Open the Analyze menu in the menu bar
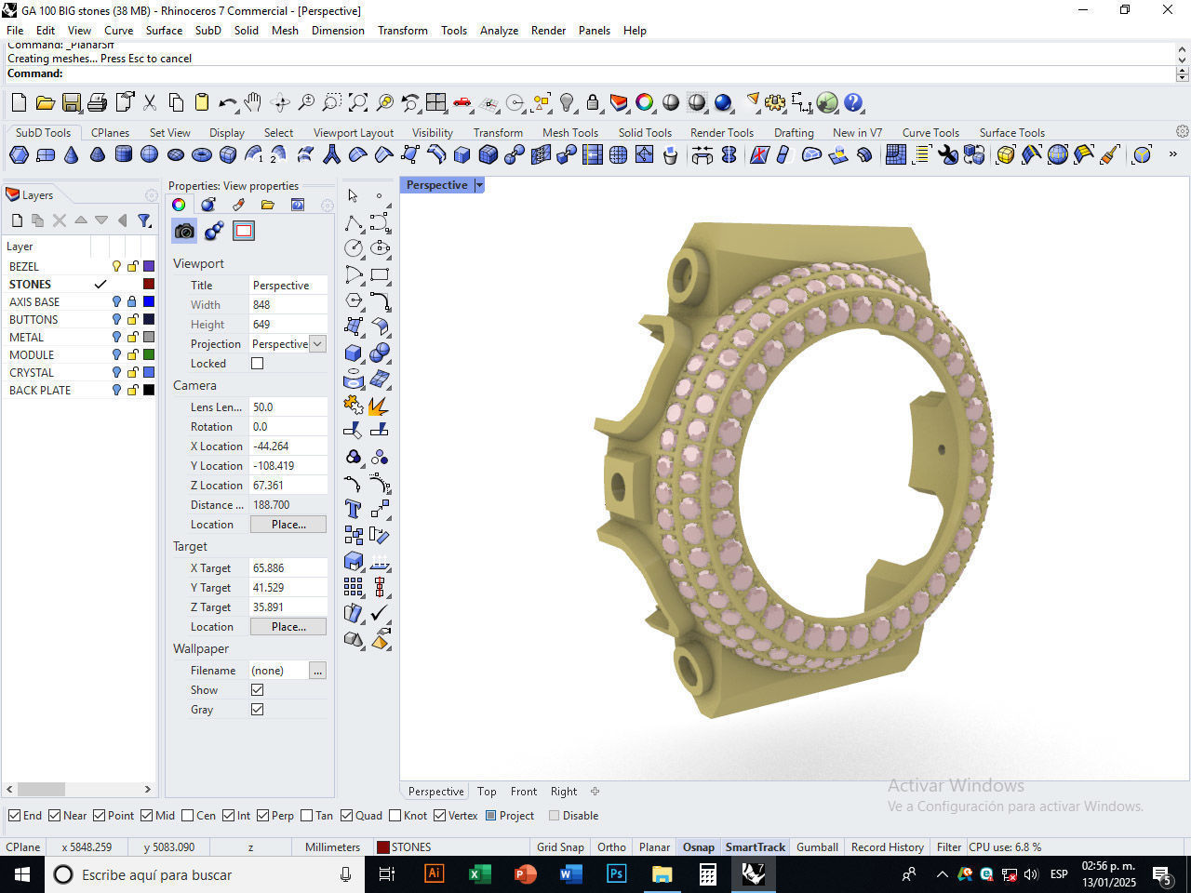tap(499, 31)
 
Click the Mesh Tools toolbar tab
tap(569, 133)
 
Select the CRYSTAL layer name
tap(32, 373)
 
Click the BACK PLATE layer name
tap(40, 391)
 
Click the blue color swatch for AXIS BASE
tap(149, 302)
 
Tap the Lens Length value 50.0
tap(288, 407)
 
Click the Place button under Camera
tap(288, 525)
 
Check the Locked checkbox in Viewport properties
tap(258, 364)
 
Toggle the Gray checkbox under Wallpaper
tap(258, 710)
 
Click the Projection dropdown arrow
tap(317, 344)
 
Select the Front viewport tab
tap(523, 792)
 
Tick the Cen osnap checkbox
tap(188, 816)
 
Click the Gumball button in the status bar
tap(817, 847)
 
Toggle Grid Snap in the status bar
tap(560, 847)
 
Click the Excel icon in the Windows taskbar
tap(479, 874)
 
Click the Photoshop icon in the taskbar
tap(616, 874)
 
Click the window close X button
tap(1168, 10)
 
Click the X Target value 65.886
tap(288, 568)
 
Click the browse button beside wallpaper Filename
tap(317, 671)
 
